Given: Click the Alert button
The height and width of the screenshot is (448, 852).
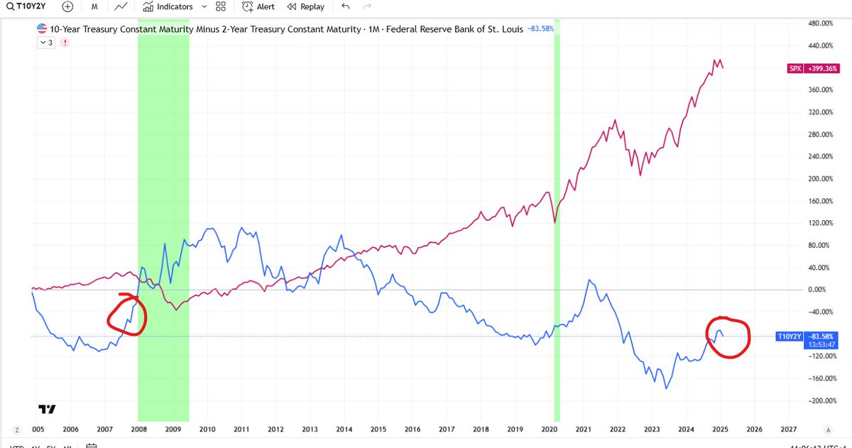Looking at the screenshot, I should click(258, 6).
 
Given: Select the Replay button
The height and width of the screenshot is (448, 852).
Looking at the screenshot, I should click(305, 6).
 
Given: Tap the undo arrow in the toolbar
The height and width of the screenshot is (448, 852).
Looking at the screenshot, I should click(346, 6).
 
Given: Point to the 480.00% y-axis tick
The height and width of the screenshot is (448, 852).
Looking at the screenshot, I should click(821, 23).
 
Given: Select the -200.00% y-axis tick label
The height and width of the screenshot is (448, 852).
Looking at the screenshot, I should click(821, 401).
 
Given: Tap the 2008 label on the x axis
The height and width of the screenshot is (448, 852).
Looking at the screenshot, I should click(138, 430).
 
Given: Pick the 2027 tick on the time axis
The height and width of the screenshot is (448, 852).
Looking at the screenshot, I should click(788, 430).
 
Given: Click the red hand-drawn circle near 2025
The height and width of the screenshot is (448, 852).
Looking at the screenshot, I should click(728, 337).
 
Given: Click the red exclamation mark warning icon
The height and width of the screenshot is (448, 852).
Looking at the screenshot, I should click(65, 43).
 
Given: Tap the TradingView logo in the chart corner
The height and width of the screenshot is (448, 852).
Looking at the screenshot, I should click(47, 409).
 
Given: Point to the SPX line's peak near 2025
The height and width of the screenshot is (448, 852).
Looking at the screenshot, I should click(718, 60).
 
